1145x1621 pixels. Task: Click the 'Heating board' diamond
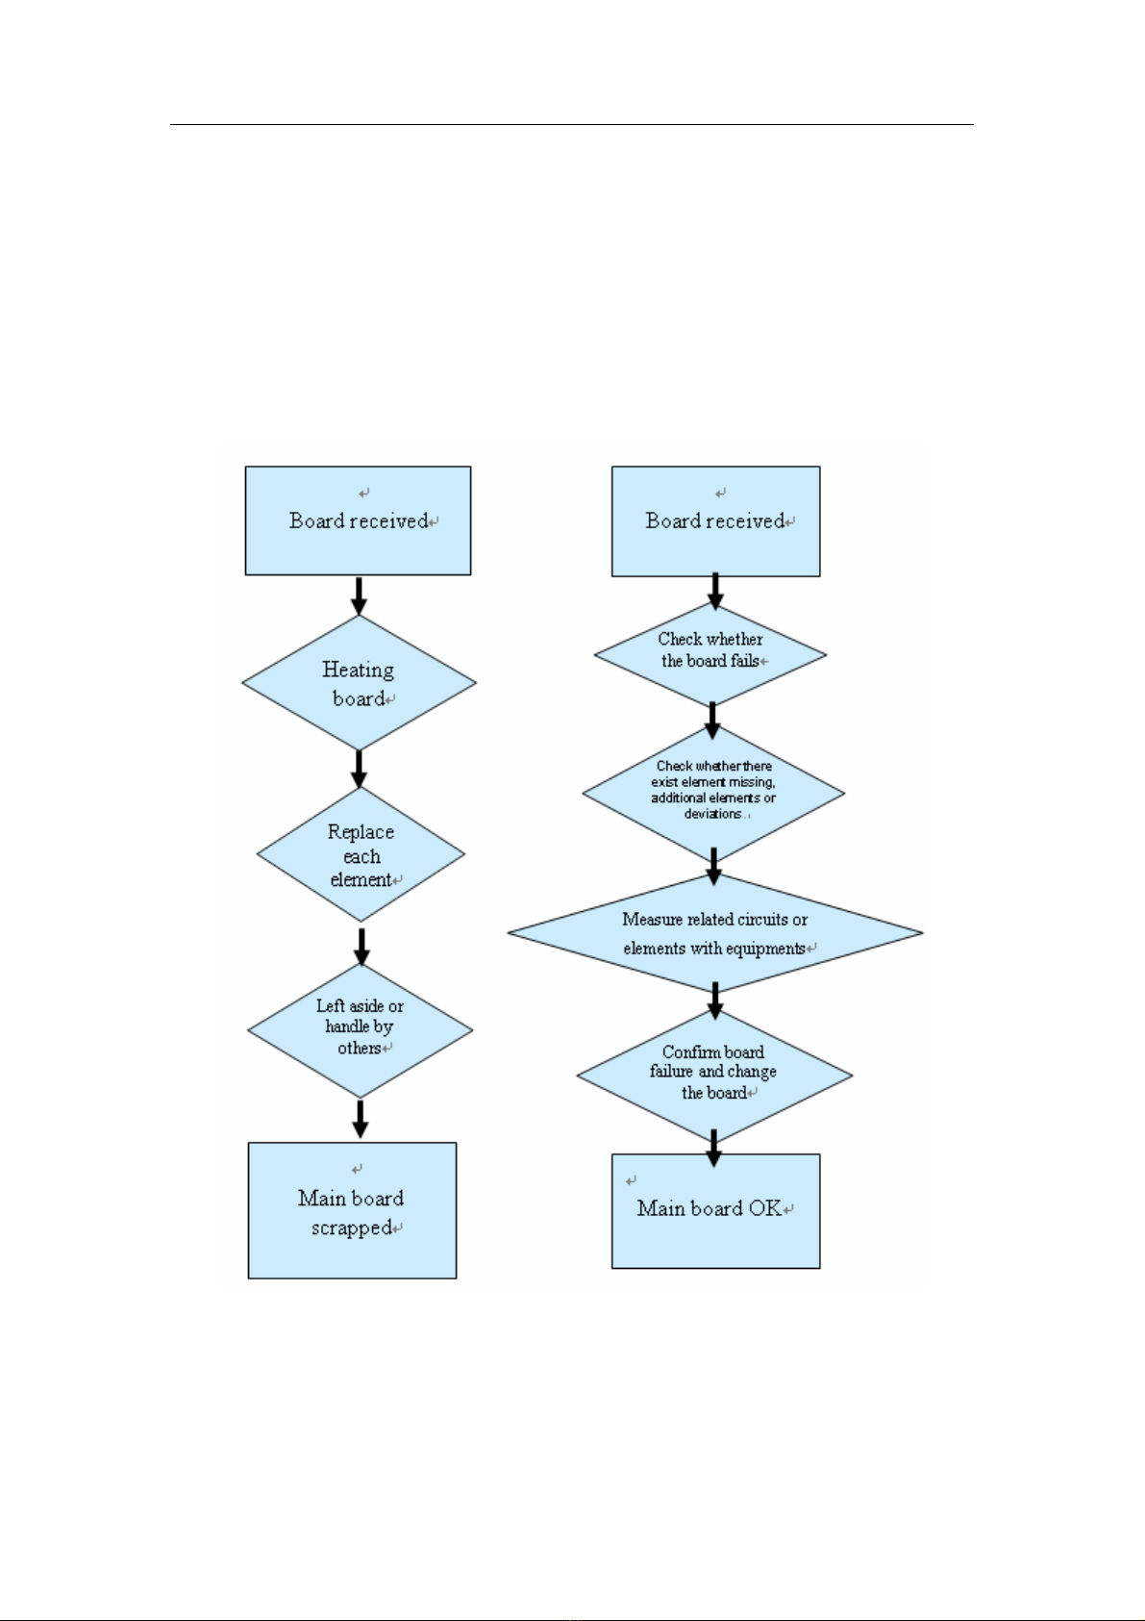359,682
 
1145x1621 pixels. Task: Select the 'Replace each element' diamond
361,854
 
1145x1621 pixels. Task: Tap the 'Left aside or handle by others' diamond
361,1029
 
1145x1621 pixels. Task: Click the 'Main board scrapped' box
352,1210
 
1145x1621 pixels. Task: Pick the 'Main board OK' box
716,1210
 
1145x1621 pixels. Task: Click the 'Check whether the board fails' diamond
710,654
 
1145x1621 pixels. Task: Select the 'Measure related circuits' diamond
715,933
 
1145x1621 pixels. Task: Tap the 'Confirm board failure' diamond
714,1076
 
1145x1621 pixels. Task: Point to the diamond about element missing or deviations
714,793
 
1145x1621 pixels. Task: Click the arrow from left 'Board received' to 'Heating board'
359,595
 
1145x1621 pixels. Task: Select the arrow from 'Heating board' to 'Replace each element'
359,769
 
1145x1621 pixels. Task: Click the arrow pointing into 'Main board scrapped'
361,1120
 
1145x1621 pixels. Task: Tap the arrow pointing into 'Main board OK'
714,1148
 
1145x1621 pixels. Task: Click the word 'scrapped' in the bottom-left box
352,1228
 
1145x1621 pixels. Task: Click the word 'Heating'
358,671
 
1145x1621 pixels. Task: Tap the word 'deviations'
712,814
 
